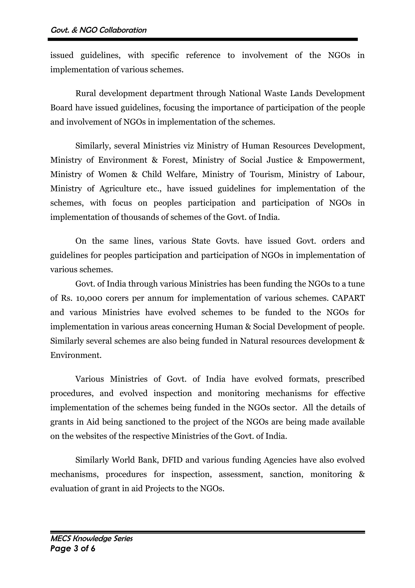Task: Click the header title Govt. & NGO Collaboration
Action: (x=98, y=30)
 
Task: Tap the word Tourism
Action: (x=266, y=174)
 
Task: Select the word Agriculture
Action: (x=120, y=189)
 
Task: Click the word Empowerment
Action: (x=336, y=160)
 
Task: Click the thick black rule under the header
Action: (x=202, y=39)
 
